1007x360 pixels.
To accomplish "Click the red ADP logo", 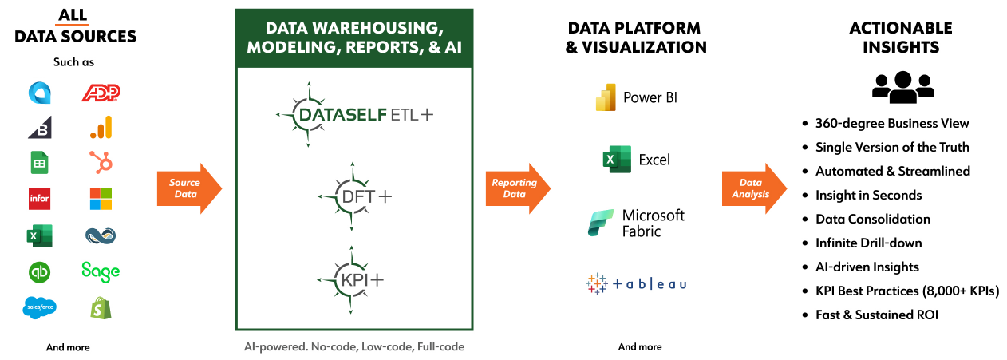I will pyautogui.click(x=101, y=94).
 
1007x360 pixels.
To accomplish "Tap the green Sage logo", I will pyautogui.click(x=101, y=271).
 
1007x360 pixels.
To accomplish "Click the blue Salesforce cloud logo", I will pyautogui.click(x=39, y=307).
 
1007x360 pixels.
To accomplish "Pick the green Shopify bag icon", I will pyautogui.click(x=101, y=308).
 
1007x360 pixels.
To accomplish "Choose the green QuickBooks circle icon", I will pyautogui.click(x=39, y=271).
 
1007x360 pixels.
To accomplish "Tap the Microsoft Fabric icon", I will pyautogui.click(x=601, y=223).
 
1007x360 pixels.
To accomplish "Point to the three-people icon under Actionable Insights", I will pyautogui.click(x=902, y=87).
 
